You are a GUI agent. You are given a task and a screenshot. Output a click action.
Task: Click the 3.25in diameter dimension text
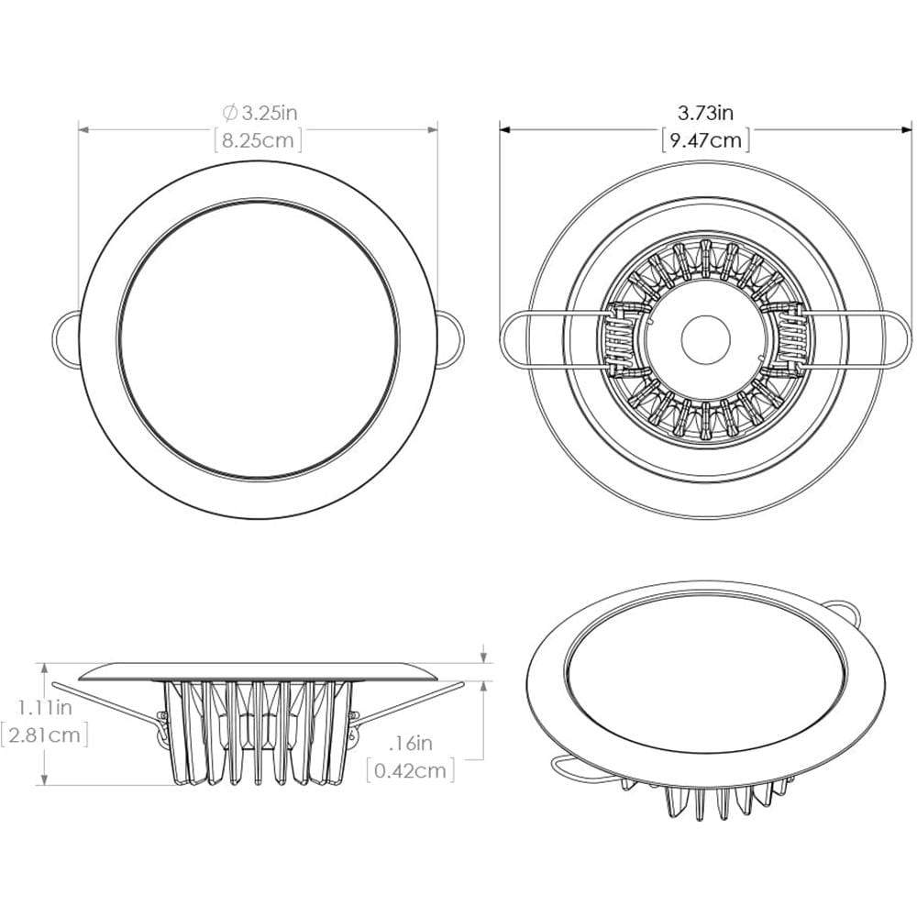(x=268, y=114)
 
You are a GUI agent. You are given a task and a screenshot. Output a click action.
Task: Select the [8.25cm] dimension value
(x=259, y=140)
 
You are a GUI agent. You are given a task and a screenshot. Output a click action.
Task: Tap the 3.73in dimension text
(x=705, y=113)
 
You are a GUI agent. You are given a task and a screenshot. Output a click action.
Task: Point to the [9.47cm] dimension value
(x=705, y=140)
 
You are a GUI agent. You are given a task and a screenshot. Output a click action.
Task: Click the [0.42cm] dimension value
(x=410, y=769)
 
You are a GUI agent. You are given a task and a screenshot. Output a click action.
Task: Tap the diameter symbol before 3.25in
(x=230, y=114)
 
